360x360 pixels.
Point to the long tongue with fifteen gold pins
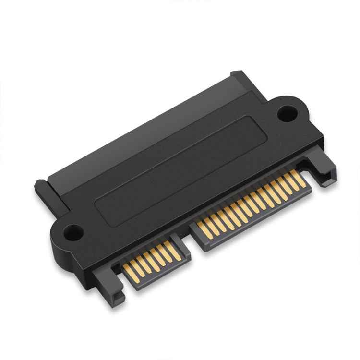click(250, 206)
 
